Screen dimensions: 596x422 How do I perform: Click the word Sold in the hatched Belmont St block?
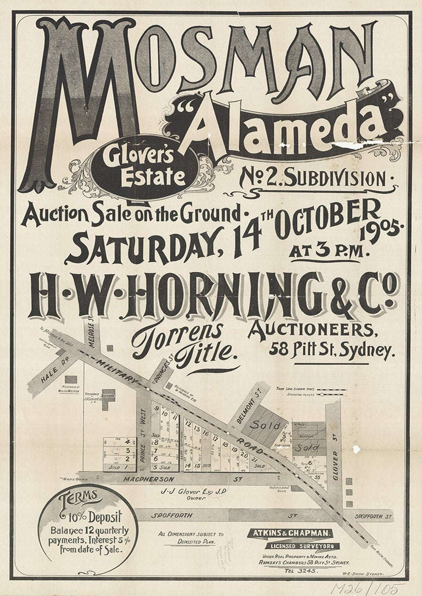point(261,426)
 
